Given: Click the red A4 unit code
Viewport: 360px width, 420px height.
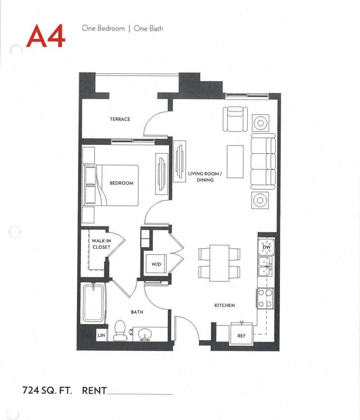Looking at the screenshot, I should [x=46, y=36].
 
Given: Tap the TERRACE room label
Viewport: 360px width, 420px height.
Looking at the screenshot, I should [x=120, y=119].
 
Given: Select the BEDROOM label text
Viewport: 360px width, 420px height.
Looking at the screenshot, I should [x=121, y=183].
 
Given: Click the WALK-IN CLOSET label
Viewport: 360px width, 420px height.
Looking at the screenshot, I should [x=101, y=244].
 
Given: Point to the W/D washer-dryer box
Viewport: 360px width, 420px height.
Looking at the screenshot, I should [x=156, y=264].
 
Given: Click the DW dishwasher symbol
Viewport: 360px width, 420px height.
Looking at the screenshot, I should [x=266, y=248].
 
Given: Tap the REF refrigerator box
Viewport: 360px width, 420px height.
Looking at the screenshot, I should [x=241, y=336].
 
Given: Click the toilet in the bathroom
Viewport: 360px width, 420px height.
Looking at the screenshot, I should [x=120, y=331].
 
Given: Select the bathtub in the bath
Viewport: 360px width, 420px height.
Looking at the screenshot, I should [x=93, y=303].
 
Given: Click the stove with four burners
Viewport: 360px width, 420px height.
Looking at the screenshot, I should [x=266, y=298].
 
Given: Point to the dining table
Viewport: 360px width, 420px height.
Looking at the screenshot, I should [x=220, y=263].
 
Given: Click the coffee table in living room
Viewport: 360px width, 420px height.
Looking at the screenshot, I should [x=235, y=162].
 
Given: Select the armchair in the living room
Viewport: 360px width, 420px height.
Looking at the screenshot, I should [x=235, y=118].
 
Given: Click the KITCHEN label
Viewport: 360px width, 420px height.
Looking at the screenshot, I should [x=224, y=305].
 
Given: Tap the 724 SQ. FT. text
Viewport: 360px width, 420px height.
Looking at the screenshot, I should [x=47, y=390].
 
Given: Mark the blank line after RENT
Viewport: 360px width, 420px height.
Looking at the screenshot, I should [x=140, y=393].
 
